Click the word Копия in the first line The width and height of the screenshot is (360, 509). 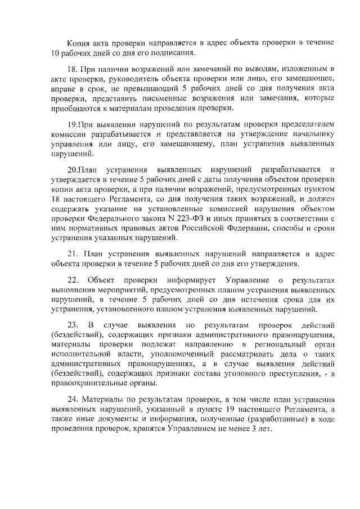click(x=78, y=43)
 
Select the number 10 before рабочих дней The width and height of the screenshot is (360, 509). click(x=55, y=53)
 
